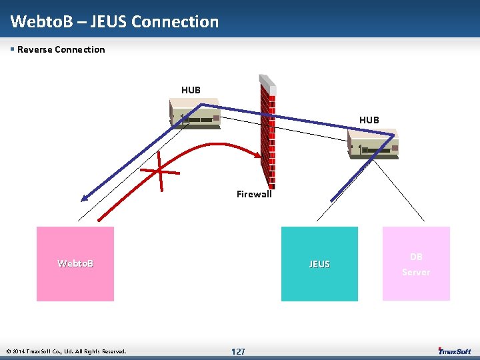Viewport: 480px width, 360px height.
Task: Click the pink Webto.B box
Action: pyautogui.click(x=75, y=263)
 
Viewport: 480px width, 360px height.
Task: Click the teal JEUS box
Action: pyautogui.click(x=319, y=263)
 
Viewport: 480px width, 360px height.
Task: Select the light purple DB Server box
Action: pyautogui.click(x=416, y=263)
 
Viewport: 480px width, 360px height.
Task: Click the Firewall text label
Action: pyautogui.click(x=254, y=195)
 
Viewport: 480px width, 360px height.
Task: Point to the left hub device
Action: pyautogui.click(x=195, y=114)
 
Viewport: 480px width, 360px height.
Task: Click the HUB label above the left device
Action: pyautogui.click(x=191, y=90)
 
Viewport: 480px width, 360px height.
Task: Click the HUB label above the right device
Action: pyautogui.click(x=369, y=120)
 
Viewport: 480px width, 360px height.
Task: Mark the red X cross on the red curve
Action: pyautogui.click(x=160, y=171)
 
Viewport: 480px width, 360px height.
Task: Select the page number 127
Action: pyautogui.click(x=238, y=351)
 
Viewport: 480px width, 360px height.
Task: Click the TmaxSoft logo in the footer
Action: pyautogui.click(x=455, y=351)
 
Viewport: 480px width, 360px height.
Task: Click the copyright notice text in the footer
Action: pyautogui.click(x=65, y=351)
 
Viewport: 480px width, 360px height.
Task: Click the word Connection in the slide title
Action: pyautogui.click(x=175, y=21)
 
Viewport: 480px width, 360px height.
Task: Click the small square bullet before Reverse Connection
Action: pyautogui.click(x=13, y=49)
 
